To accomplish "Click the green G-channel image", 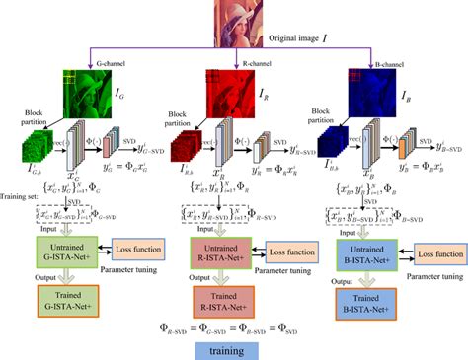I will [87, 97].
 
